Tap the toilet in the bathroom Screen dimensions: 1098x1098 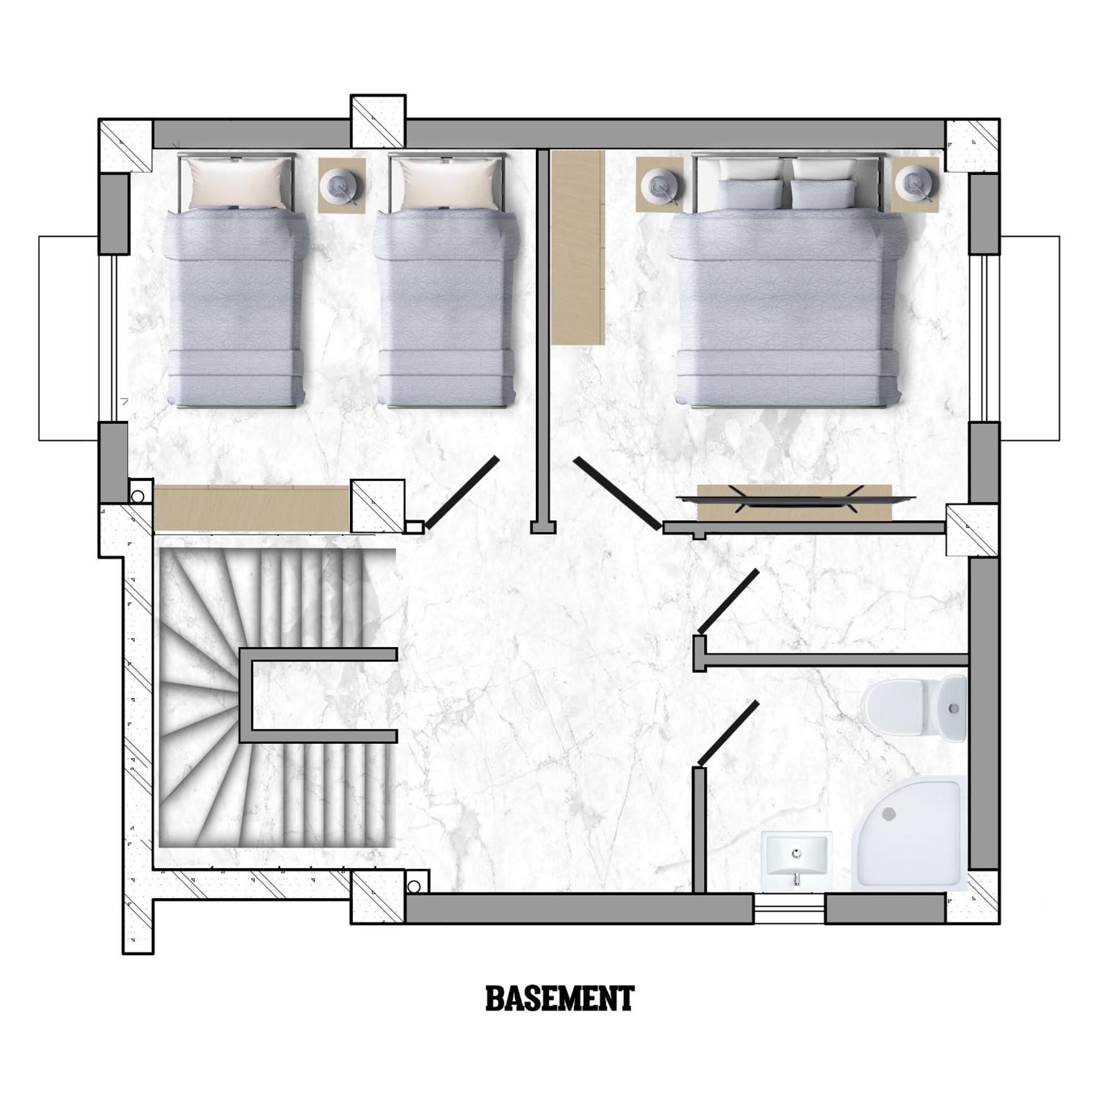click(913, 709)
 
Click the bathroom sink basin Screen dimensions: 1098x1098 click(796, 861)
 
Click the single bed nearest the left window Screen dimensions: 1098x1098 click(236, 280)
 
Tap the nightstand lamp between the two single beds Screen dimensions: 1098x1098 click(341, 186)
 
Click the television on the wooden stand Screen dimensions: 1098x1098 click(796, 498)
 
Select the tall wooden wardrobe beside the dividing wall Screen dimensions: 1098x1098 click(577, 247)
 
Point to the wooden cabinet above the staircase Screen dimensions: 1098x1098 click(251, 508)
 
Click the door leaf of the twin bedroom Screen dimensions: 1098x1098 click(462, 492)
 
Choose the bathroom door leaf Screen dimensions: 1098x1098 click(728, 733)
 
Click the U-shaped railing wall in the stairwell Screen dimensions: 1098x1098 click(246, 695)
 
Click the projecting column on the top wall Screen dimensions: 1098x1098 click(378, 121)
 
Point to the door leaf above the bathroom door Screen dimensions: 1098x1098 click(728, 601)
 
